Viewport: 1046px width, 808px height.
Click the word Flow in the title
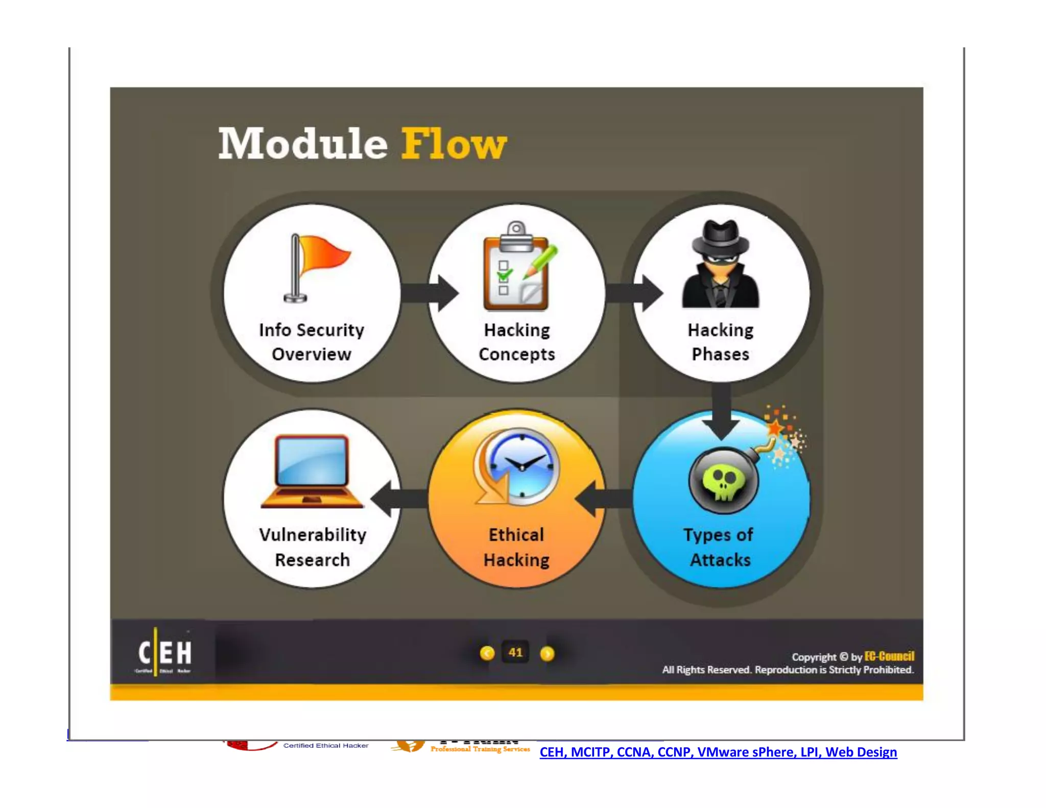pyautogui.click(x=454, y=144)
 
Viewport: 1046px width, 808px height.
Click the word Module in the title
pyautogui.click(x=303, y=144)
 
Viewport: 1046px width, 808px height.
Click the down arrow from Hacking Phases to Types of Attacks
pyautogui.click(x=721, y=412)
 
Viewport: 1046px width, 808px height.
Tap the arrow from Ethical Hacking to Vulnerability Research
pyautogui.click(x=399, y=498)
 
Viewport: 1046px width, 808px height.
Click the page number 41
pyautogui.click(x=516, y=652)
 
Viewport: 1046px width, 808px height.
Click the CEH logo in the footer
pyautogui.click(x=164, y=653)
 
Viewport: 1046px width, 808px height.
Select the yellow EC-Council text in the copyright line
pyautogui.click(x=889, y=656)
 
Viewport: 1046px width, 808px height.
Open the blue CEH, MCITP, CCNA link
pyautogui.click(x=718, y=752)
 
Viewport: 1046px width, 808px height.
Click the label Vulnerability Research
pyautogui.click(x=313, y=547)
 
